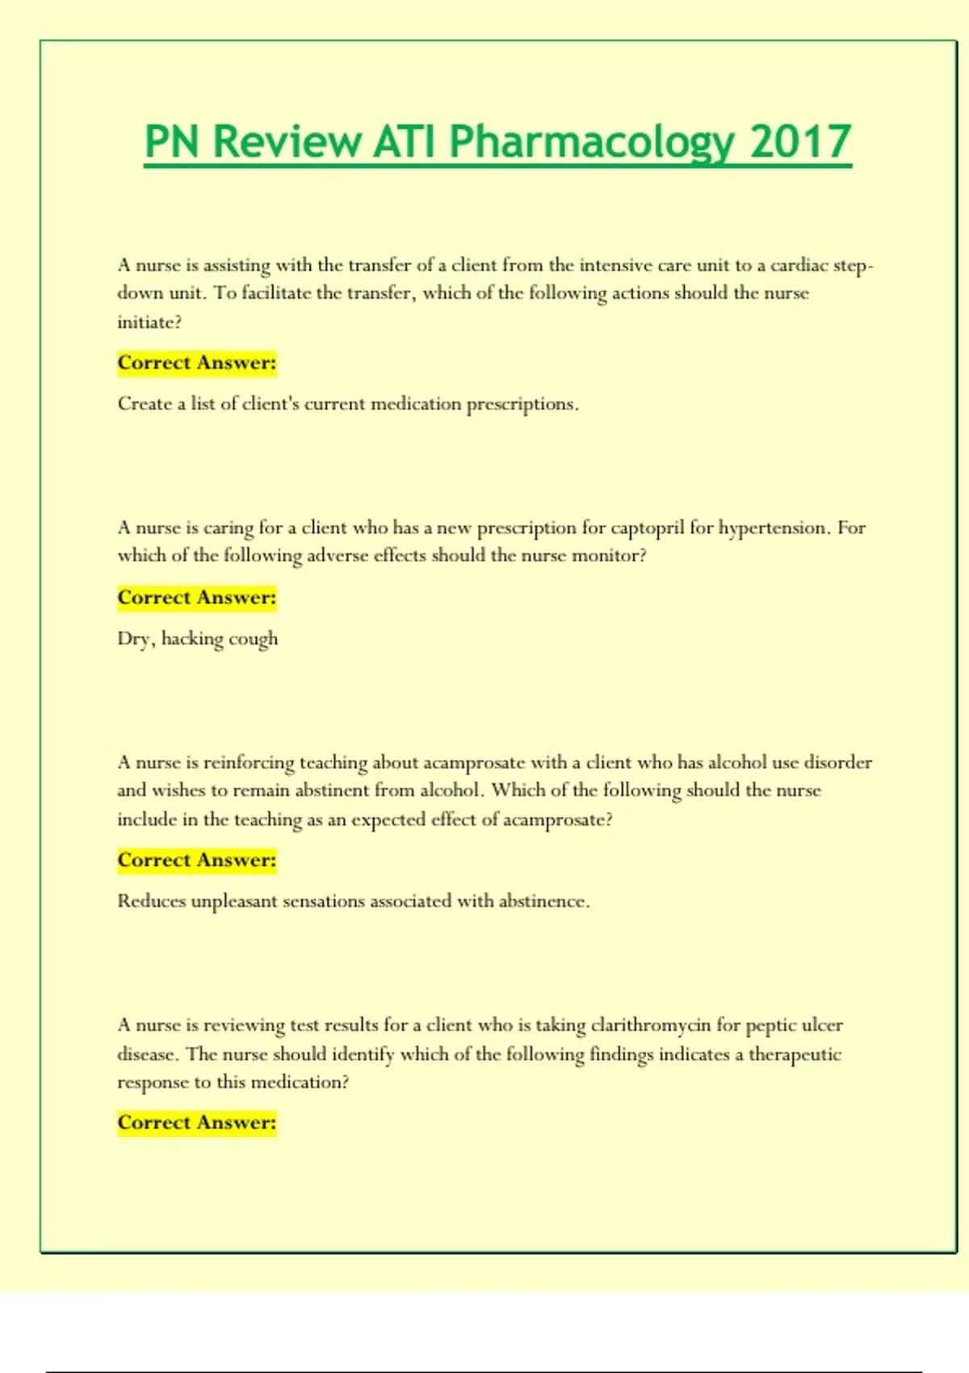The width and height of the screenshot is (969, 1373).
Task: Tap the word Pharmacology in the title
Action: click(x=591, y=142)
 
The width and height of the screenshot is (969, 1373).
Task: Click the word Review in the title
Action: click(x=287, y=142)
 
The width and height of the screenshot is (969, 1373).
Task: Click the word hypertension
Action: click(x=773, y=528)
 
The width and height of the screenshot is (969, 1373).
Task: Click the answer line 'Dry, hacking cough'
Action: click(x=198, y=639)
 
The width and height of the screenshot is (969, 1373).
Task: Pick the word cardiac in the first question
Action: click(x=799, y=266)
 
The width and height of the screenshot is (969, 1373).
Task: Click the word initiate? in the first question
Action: click(x=149, y=322)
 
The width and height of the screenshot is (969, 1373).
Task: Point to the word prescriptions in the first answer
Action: click(x=522, y=404)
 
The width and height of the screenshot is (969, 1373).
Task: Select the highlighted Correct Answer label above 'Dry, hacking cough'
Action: click(x=197, y=598)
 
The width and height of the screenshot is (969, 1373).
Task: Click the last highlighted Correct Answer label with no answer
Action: click(x=197, y=1123)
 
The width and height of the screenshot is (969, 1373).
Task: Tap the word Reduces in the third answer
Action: click(x=151, y=901)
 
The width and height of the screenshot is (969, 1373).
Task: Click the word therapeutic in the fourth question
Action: click(x=795, y=1055)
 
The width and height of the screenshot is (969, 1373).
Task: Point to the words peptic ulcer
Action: click(x=794, y=1026)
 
